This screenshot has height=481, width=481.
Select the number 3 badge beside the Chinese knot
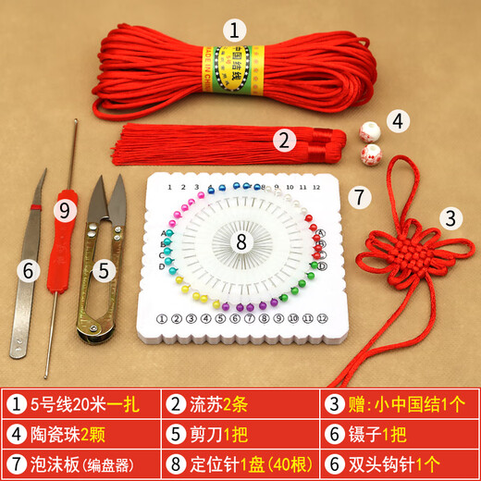point(450,218)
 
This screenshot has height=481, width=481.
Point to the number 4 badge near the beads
point(397,120)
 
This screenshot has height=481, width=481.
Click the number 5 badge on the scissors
point(105,271)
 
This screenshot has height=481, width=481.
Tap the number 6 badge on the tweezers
point(29,270)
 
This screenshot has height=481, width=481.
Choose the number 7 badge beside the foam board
point(362,196)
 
